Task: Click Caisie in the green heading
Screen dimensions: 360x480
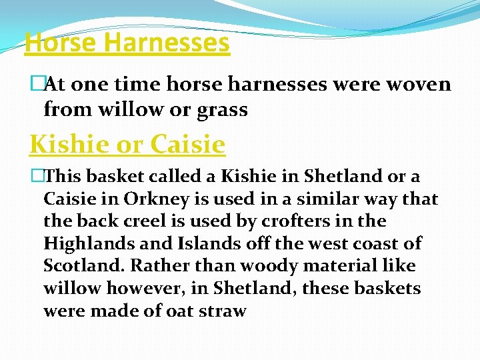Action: click(188, 143)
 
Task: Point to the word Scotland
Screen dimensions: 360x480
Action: click(83, 265)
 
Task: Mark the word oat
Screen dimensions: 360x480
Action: click(178, 311)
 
